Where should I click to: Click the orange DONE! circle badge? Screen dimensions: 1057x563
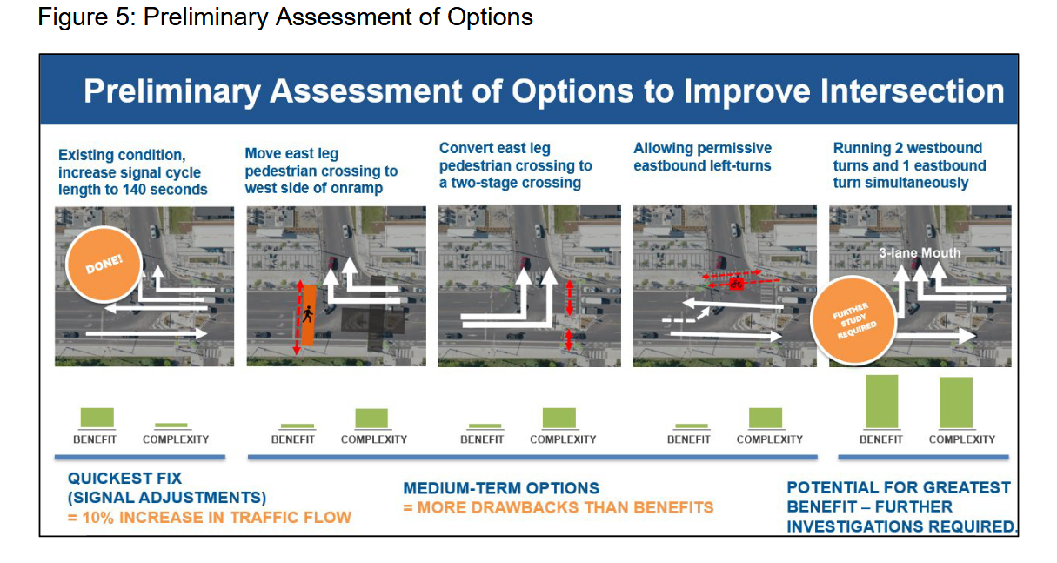pos(104,265)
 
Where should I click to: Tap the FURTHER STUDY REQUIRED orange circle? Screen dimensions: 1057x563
pos(853,320)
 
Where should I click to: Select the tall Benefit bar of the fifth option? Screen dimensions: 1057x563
pos(881,402)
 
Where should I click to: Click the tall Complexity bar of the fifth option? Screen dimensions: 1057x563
pos(955,403)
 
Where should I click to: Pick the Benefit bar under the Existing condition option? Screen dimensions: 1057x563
pos(97,419)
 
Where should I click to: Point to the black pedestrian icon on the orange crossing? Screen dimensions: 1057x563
pos(308,314)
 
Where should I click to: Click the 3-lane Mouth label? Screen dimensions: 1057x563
pos(920,253)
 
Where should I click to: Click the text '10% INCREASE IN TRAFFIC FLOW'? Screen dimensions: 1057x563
pos(217,518)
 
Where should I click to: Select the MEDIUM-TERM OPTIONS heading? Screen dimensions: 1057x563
pos(500,488)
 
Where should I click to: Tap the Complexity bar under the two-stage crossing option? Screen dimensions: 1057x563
pos(559,419)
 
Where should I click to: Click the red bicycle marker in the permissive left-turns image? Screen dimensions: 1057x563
pos(736,284)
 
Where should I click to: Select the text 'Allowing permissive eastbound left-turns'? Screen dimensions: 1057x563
pos(702,157)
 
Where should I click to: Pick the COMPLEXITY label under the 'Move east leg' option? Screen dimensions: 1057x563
pos(374,439)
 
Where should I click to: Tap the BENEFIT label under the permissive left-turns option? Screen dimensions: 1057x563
pos(688,439)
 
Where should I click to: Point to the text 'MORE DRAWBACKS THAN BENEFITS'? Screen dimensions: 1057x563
pos(565,508)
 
